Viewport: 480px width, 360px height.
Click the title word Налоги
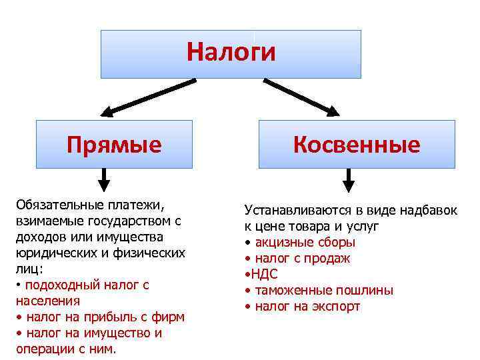point(231,52)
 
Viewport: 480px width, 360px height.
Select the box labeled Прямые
point(114,144)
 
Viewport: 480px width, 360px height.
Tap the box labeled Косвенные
point(356,144)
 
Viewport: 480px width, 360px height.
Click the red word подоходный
point(64,285)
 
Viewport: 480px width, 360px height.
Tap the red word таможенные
point(291,291)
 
